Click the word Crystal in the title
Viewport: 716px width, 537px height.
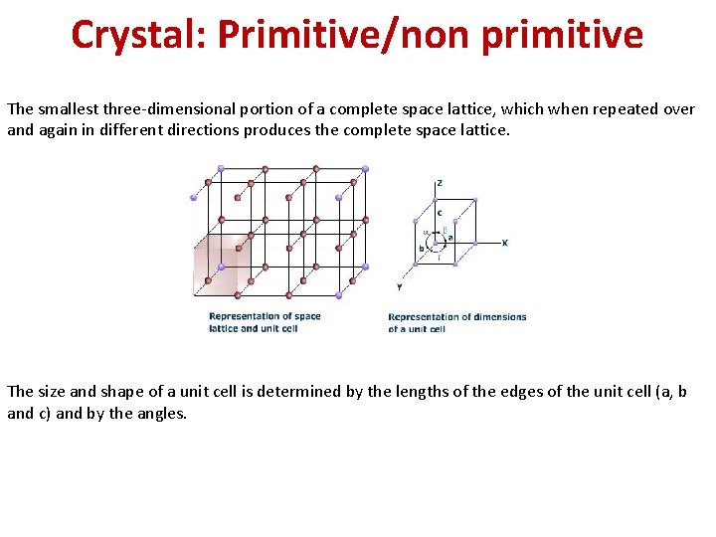pyautogui.click(x=135, y=35)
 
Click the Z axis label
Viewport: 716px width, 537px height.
pyautogui.click(x=440, y=184)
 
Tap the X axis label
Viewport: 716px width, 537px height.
pyautogui.click(x=505, y=242)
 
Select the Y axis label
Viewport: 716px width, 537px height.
pyautogui.click(x=399, y=286)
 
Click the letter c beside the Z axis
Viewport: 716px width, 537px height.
pyautogui.click(x=439, y=212)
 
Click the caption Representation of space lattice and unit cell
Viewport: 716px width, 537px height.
pyautogui.click(x=265, y=322)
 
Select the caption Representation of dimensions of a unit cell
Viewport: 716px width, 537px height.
pyautogui.click(x=456, y=322)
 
